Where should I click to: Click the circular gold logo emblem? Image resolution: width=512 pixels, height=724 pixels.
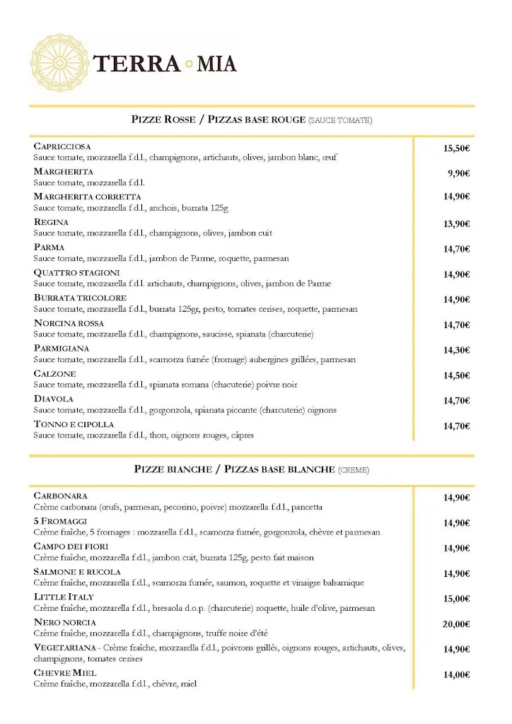click(x=60, y=62)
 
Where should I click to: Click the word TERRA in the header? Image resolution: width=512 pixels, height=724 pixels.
click(x=136, y=64)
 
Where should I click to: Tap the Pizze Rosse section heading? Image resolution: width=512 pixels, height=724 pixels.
click(x=252, y=119)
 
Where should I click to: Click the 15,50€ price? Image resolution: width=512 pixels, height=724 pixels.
click(x=457, y=148)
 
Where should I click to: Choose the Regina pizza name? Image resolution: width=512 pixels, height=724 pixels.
click(x=51, y=222)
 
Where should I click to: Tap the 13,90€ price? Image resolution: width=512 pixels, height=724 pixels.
click(x=457, y=224)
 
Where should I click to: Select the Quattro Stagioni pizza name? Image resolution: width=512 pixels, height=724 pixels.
click(x=76, y=273)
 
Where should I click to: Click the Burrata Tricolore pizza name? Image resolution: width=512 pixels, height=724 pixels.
click(x=80, y=298)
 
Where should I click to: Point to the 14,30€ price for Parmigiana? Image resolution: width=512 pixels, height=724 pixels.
click(x=457, y=350)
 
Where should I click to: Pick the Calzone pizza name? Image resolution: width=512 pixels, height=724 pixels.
click(x=54, y=373)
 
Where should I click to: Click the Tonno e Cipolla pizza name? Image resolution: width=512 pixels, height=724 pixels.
click(x=74, y=424)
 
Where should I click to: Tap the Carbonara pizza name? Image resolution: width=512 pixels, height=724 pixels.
click(x=60, y=496)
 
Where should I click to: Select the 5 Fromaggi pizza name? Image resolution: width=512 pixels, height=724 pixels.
click(x=59, y=521)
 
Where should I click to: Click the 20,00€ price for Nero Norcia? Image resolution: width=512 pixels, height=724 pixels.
click(x=457, y=624)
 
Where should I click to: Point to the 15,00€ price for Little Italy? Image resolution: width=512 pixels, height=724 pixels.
click(x=457, y=598)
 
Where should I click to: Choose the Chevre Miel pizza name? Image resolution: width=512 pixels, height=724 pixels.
click(x=65, y=672)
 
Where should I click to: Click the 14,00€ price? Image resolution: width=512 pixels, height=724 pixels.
click(x=457, y=675)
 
